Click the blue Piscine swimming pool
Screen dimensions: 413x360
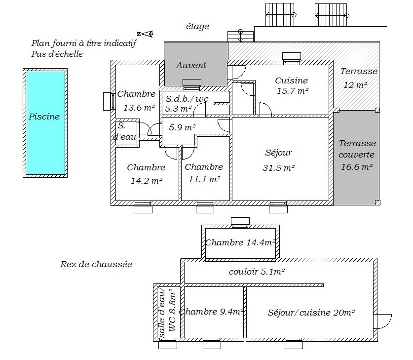tap(45, 123)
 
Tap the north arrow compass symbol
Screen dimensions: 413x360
tap(145, 34)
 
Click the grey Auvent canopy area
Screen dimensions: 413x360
tap(196, 64)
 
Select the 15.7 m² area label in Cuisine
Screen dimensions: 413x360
tap(293, 91)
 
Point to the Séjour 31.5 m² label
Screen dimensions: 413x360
tap(278, 160)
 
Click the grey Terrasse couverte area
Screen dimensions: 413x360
tap(356, 158)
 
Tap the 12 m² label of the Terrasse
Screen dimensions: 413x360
tap(355, 85)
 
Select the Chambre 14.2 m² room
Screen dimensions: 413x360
tap(147, 174)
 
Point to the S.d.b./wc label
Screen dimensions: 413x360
tap(187, 99)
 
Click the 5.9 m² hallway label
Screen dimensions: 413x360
tap(182, 127)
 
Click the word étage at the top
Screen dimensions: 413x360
tap(197, 26)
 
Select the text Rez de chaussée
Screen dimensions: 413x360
tap(96, 264)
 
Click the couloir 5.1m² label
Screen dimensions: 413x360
tap(257, 272)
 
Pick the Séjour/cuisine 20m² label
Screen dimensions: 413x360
tap(311, 313)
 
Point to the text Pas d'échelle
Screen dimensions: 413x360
tap(57, 54)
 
